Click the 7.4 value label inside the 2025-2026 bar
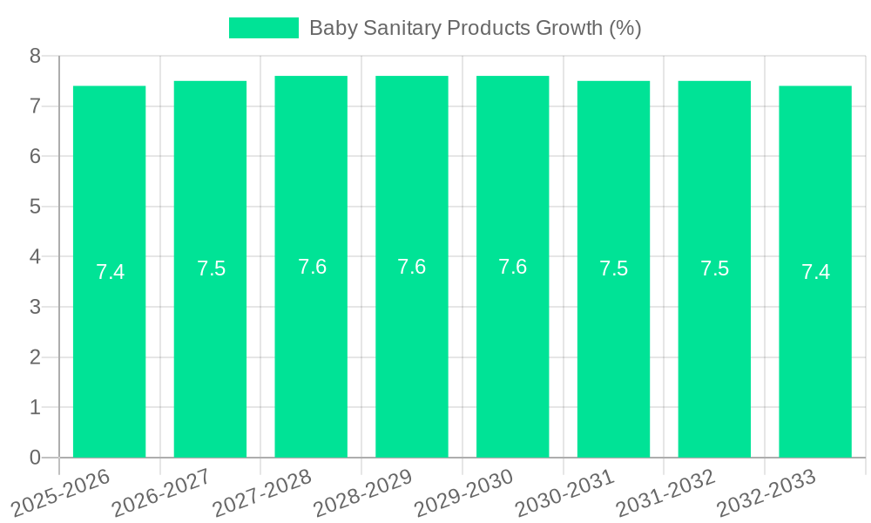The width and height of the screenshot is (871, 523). point(110,272)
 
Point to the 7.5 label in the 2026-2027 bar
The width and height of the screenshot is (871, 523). point(211,268)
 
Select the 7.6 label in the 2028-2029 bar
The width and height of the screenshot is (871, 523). point(412,267)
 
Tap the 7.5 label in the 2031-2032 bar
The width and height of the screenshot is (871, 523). point(714,268)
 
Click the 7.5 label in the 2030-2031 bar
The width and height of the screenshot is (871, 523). point(613,268)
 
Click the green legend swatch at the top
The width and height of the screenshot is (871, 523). point(263,28)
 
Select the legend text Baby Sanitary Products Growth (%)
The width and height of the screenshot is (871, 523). point(475,28)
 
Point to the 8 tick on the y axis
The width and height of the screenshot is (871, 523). point(35,56)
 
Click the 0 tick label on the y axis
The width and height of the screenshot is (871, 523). point(35,458)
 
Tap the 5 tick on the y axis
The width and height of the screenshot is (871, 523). point(35,207)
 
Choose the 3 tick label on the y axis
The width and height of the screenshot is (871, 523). point(35,307)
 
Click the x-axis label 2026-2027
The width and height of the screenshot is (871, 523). point(161,492)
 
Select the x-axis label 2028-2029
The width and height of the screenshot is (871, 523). point(362,492)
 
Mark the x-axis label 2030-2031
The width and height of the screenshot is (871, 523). point(564,492)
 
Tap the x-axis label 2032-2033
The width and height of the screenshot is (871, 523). point(766,492)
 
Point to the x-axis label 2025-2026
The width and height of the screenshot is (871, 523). point(61,492)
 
